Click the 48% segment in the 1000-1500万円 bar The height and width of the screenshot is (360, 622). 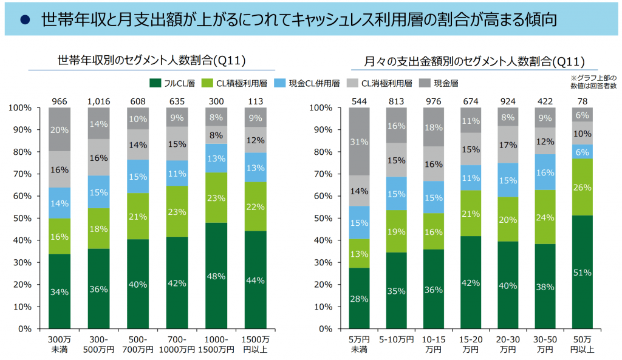pos(217,276)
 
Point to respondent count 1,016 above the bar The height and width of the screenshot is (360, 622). pos(98,101)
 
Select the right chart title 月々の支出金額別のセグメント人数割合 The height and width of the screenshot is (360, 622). pos(474,61)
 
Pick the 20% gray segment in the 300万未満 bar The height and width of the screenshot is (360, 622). pos(59,130)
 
